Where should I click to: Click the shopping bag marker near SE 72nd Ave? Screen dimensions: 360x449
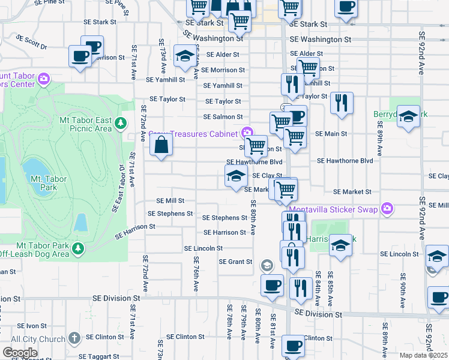click(161, 145)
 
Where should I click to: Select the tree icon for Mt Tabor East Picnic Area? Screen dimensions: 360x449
click(121, 124)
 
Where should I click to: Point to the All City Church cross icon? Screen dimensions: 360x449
click(74, 338)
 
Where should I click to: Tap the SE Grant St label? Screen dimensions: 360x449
click(235, 262)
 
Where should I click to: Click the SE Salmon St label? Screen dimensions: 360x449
click(223, 117)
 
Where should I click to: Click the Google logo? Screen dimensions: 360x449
click(20, 353)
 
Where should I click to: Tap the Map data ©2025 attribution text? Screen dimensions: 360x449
click(423, 355)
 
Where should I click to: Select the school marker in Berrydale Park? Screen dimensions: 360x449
click(408, 117)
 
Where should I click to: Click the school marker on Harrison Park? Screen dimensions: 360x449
click(341, 245)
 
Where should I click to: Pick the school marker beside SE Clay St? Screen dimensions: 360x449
click(236, 176)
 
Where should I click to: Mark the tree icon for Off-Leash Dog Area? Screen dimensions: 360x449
click(77, 248)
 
